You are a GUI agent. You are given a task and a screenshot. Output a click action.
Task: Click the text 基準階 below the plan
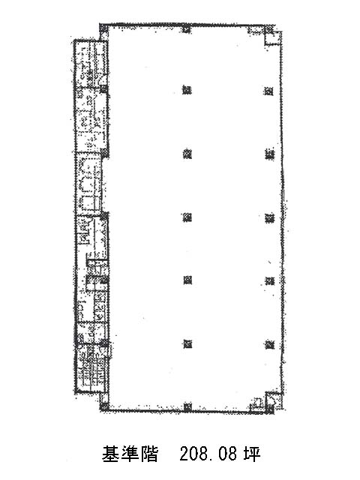click(130, 454)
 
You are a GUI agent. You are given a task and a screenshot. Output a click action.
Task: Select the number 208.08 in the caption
click(208, 454)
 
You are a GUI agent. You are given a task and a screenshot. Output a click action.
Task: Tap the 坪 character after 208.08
click(252, 454)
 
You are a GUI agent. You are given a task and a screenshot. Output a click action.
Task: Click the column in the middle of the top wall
click(187, 29)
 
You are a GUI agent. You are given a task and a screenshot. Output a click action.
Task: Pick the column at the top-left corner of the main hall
click(103, 28)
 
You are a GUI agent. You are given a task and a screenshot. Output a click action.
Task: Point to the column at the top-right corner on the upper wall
click(268, 29)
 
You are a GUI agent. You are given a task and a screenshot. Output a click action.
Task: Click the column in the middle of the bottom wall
click(187, 407)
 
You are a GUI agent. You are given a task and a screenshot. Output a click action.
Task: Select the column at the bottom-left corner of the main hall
click(104, 406)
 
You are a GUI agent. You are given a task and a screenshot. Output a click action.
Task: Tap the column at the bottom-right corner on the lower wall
click(270, 408)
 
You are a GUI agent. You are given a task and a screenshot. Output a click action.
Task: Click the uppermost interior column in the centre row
click(187, 90)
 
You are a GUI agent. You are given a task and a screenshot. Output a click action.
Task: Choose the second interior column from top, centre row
click(187, 154)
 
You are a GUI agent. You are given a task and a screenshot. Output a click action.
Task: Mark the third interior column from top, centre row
click(187, 217)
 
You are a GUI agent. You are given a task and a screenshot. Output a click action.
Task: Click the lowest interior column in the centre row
click(187, 344)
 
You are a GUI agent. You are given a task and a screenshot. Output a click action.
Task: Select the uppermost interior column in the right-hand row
click(268, 91)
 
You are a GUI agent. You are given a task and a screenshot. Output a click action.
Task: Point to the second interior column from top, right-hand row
click(270, 154)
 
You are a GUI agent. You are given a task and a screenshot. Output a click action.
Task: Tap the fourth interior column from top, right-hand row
click(270, 280)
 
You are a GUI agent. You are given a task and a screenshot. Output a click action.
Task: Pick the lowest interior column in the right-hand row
click(270, 345)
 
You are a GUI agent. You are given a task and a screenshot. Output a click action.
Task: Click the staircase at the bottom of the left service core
click(91, 368)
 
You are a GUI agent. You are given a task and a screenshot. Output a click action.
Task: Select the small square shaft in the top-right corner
click(272, 38)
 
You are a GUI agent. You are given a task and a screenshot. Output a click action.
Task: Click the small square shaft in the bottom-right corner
click(273, 400)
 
